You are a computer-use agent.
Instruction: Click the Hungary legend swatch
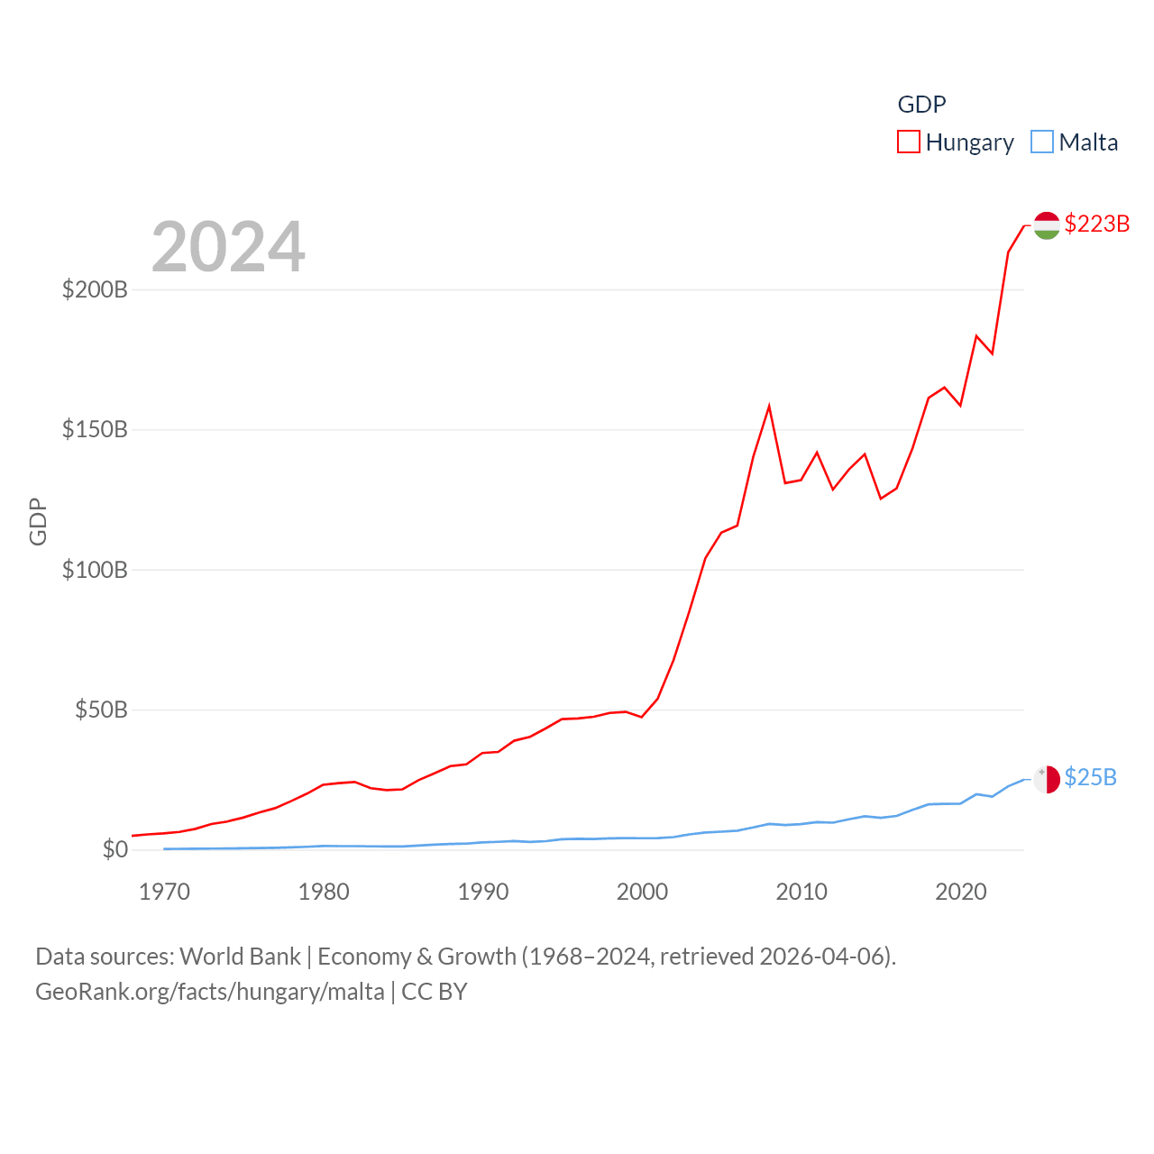click(x=909, y=142)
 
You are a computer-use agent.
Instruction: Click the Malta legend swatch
click(x=1042, y=142)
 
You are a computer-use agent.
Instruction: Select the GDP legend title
click(x=921, y=105)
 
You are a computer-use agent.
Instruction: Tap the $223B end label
click(x=1096, y=224)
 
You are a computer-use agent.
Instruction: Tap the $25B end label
click(x=1090, y=777)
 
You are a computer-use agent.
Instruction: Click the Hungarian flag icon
click(x=1047, y=225)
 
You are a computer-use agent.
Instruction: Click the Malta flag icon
click(x=1047, y=779)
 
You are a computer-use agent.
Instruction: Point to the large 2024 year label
click(x=228, y=247)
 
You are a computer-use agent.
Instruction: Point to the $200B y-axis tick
click(x=95, y=290)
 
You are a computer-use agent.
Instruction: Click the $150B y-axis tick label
click(x=95, y=430)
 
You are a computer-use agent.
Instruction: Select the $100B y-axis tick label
click(x=95, y=570)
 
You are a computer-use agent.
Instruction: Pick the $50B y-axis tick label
click(x=101, y=710)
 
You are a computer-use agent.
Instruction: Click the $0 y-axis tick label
click(x=115, y=850)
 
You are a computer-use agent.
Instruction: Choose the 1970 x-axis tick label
click(x=164, y=893)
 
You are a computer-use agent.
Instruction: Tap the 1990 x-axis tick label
click(x=483, y=893)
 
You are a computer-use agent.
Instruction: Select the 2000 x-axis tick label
click(x=642, y=893)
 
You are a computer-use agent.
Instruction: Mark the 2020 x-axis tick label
click(x=961, y=893)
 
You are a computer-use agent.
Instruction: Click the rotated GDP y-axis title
click(x=38, y=521)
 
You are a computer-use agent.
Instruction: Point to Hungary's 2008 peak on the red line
click(x=769, y=407)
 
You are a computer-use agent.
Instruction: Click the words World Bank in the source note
click(x=240, y=957)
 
